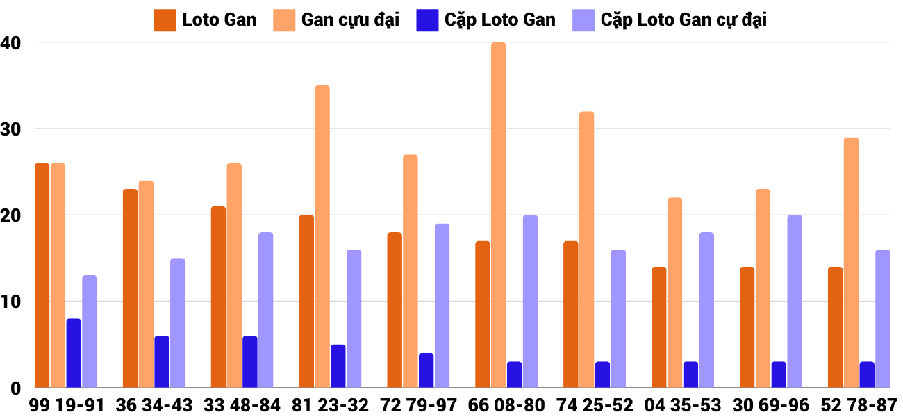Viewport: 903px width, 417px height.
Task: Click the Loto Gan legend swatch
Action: pos(165,20)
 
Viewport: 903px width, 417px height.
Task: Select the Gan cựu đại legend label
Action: pos(350,20)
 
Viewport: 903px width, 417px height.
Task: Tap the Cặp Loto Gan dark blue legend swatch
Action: pos(426,20)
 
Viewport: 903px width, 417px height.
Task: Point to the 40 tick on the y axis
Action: pos(12,43)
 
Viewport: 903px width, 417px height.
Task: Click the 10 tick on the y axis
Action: pos(12,302)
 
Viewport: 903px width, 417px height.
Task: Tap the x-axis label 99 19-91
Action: pos(67,404)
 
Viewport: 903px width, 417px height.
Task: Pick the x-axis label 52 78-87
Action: pos(859,404)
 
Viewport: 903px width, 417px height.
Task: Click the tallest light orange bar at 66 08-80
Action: pos(499,215)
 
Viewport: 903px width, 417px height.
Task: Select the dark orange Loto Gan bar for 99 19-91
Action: pos(42,275)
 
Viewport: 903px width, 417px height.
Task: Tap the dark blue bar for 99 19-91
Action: pos(74,353)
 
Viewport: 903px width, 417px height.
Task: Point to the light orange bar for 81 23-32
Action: pos(322,236)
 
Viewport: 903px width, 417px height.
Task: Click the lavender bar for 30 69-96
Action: pos(795,301)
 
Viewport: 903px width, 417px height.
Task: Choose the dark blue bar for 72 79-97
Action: pos(426,370)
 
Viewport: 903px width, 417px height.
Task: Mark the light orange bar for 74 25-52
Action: pos(587,250)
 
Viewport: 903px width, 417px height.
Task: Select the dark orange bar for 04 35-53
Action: pos(659,327)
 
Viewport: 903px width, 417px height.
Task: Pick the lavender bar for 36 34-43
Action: pos(178,323)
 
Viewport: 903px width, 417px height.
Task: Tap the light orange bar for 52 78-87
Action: pos(851,263)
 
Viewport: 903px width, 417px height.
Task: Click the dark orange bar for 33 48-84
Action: pos(218,297)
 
